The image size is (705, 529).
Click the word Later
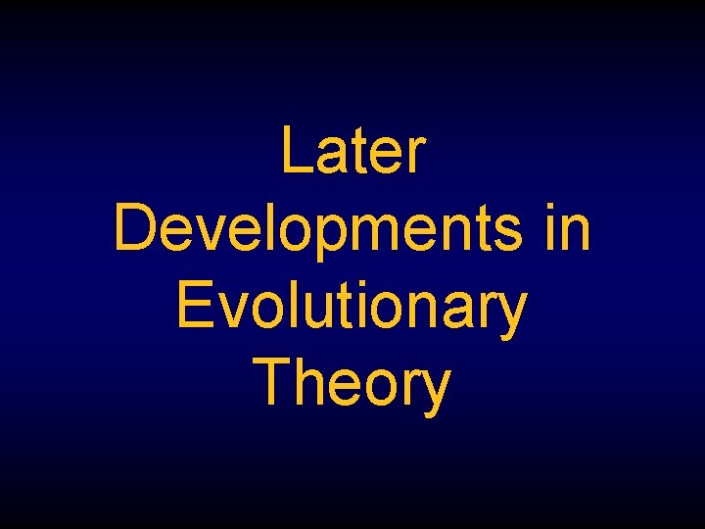click(352, 152)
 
